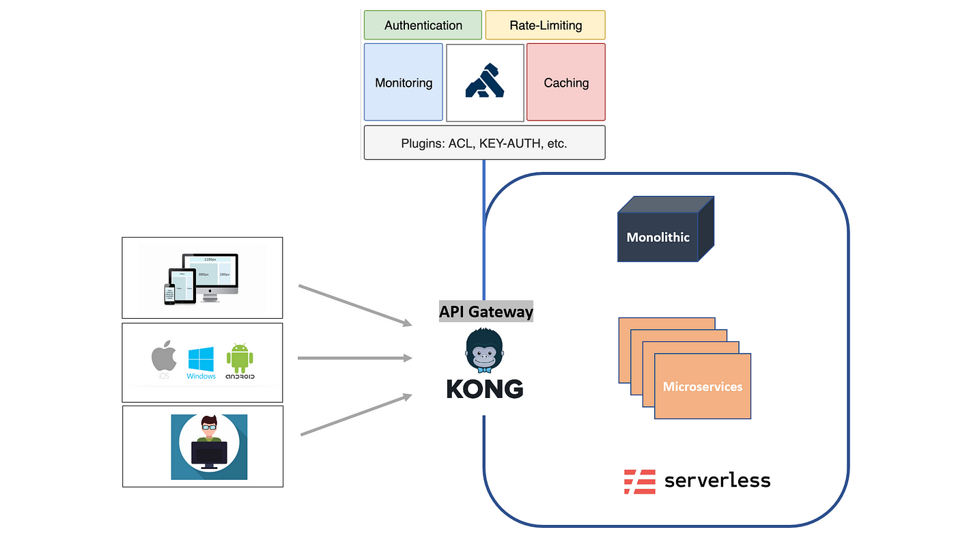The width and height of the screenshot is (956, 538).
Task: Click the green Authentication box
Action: pyautogui.click(x=423, y=25)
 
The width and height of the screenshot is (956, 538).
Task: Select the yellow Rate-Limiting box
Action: pyautogui.click(x=545, y=25)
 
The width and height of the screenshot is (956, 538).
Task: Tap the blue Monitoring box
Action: pyautogui.click(x=403, y=83)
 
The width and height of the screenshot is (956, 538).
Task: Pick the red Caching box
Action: pyautogui.click(x=565, y=83)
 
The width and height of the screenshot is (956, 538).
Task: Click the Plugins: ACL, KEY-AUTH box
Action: pyautogui.click(x=484, y=143)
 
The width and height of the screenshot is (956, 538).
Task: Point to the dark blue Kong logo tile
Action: pyautogui.click(x=485, y=82)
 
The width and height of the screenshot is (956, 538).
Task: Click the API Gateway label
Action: pyautogui.click(x=486, y=312)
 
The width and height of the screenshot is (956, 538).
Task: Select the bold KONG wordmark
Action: pyautogui.click(x=485, y=388)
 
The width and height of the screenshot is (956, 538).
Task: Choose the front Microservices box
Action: pyautogui.click(x=702, y=386)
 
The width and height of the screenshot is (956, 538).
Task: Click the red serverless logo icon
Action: pyautogui.click(x=639, y=481)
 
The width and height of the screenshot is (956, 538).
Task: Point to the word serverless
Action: pyautogui.click(x=717, y=481)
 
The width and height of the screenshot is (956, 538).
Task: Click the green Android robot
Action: pyautogui.click(x=240, y=358)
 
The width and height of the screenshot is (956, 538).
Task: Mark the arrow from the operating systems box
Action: pyautogui.click(x=355, y=358)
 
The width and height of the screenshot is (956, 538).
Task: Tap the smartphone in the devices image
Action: pyautogui.click(x=169, y=294)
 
